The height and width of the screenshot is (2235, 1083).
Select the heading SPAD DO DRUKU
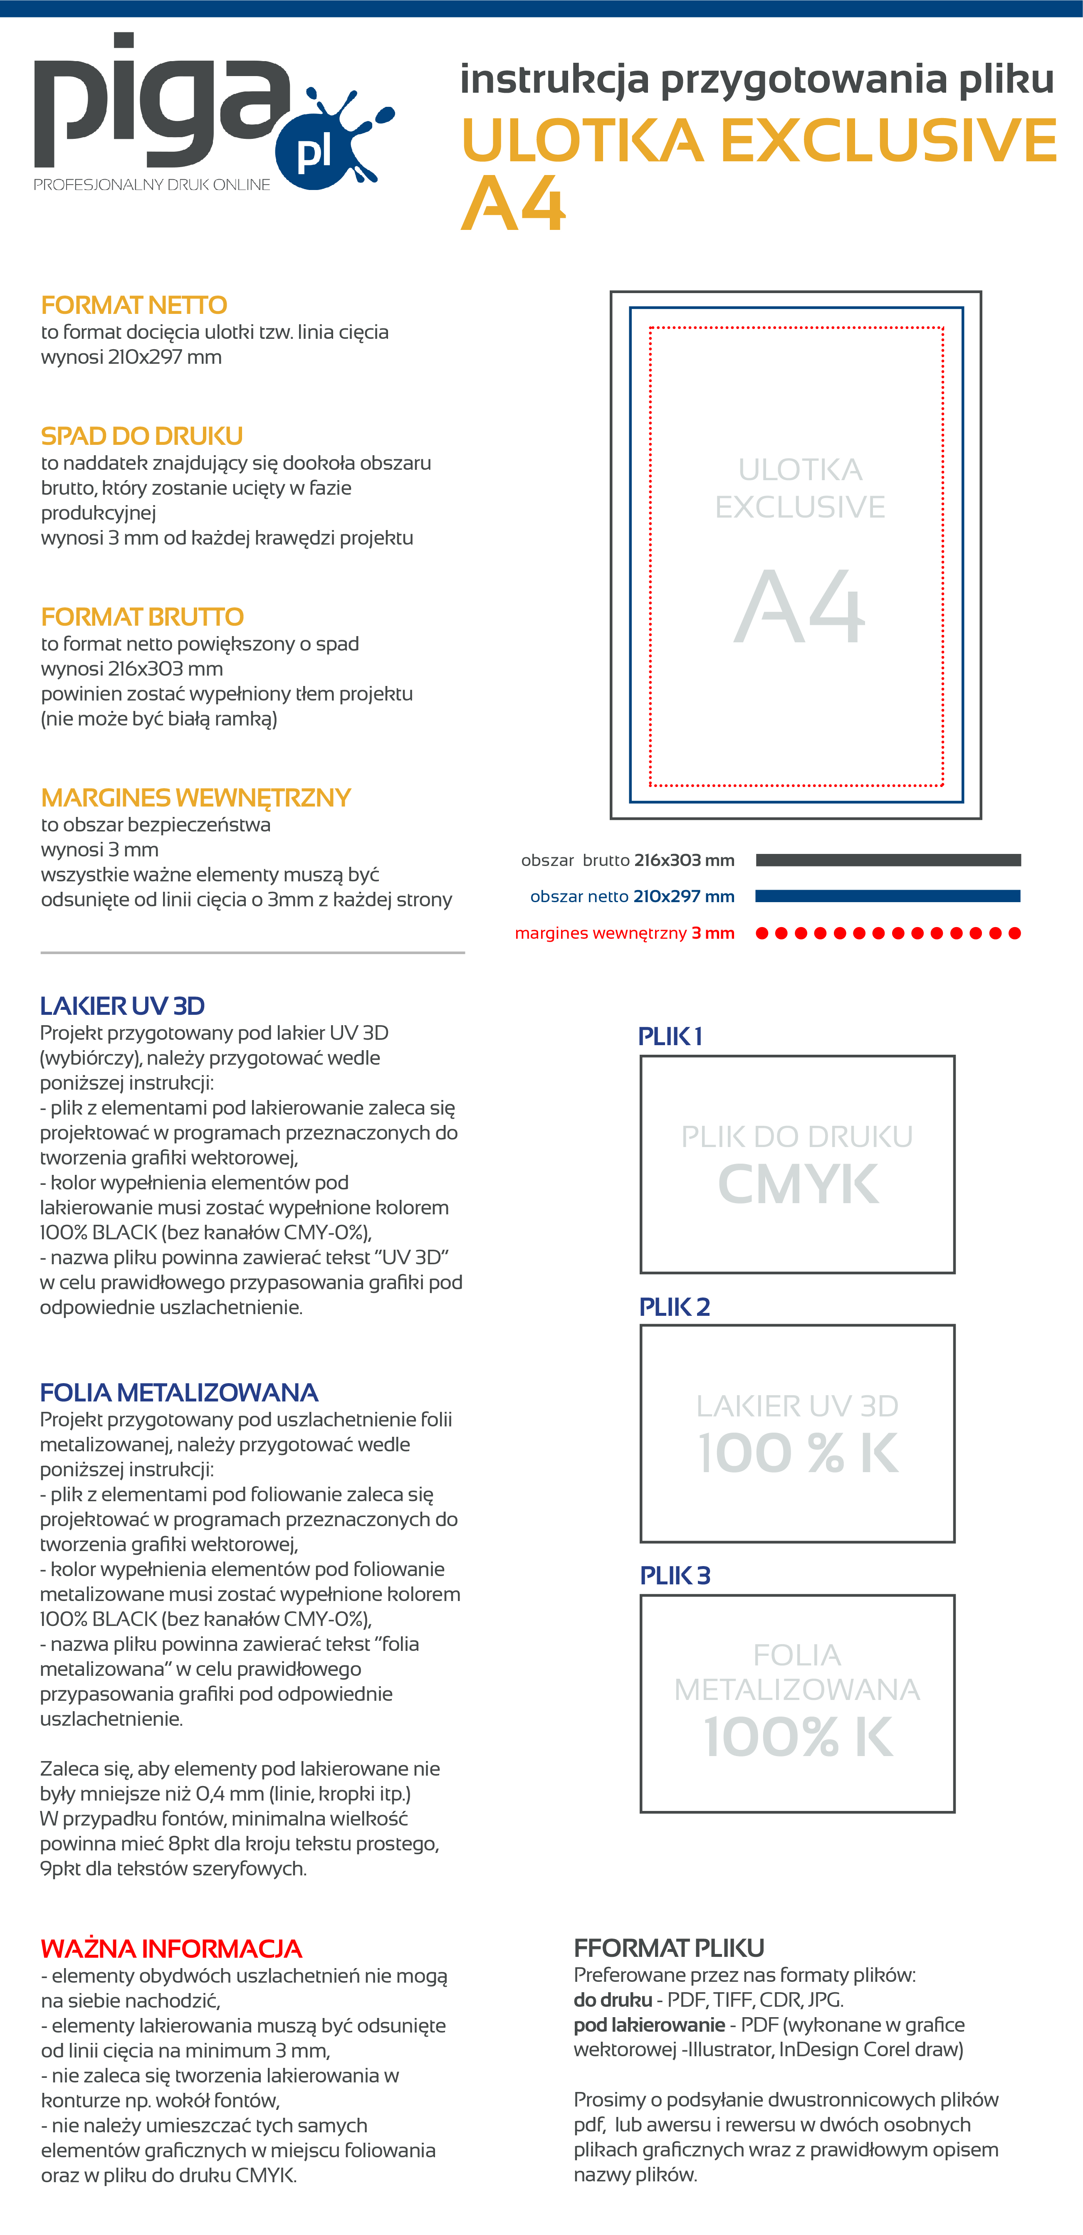pos(141,436)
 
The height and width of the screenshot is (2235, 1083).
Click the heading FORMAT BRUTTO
pos(142,617)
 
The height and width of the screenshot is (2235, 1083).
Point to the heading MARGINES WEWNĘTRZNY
pos(195,797)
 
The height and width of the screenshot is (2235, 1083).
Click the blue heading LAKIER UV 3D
pos(122,1006)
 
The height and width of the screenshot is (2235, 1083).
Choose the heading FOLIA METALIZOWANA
pos(179,1393)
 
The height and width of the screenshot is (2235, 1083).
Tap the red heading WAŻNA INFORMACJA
pos(171,1949)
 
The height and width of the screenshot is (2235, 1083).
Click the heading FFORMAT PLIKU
pos(668,1948)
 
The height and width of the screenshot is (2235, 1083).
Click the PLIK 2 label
pos(674,1307)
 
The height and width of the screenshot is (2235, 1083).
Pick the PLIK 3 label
pos(674,1576)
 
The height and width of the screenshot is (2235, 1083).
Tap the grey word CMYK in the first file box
pos(798,1184)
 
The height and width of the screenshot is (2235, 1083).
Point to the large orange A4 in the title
pos(513,205)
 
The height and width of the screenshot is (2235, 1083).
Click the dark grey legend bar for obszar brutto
pos(888,860)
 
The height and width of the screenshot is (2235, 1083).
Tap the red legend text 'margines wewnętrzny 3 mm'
pos(624,934)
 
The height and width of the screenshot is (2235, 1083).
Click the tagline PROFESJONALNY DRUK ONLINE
pos(152,185)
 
